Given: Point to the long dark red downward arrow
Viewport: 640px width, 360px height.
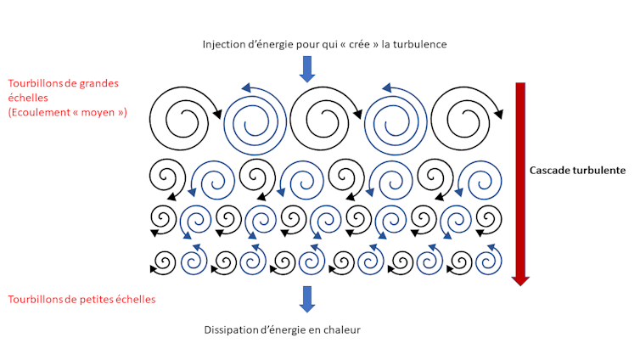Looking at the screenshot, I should (520, 183).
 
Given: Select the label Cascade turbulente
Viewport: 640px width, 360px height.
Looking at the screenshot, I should (577, 170).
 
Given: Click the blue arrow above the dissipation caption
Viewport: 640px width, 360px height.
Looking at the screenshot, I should (307, 298).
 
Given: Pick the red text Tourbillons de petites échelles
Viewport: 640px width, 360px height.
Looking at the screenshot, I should (81, 299).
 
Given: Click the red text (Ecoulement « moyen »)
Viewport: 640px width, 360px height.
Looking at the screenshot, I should (68, 112).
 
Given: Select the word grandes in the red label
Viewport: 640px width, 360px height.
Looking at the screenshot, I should (100, 83).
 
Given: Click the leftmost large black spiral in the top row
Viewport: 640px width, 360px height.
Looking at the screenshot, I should (182, 117).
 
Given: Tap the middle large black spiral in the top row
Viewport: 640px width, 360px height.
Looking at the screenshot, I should (323, 117).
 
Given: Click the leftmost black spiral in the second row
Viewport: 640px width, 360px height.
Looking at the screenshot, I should (166, 178).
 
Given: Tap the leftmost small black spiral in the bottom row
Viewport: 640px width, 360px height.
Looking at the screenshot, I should (164, 261).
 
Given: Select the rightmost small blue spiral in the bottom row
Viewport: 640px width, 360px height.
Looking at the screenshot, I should (489, 259).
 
